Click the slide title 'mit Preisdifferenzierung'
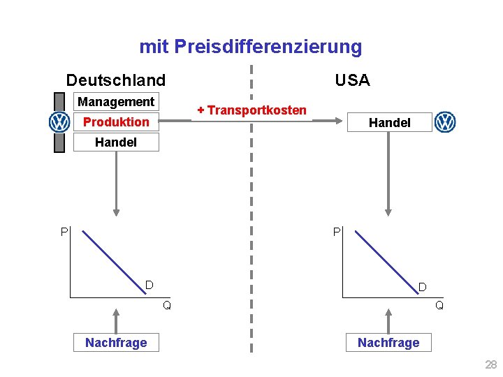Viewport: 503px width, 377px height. (x=251, y=47)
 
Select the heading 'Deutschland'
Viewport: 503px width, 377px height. (x=116, y=80)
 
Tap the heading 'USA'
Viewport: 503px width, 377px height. (x=352, y=80)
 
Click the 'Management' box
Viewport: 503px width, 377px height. (x=116, y=102)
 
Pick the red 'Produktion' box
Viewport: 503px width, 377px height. (x=116, y=122)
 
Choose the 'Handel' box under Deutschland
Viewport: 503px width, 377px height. (x=116, y=142)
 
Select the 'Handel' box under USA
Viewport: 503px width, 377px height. (x=389, y=122)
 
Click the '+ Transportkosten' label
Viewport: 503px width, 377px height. (x=251, y=110)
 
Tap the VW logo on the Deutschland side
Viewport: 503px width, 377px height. (x=59, y=122)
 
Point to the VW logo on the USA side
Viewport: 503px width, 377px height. (x=445, y=122)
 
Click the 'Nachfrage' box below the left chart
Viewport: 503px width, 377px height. (x=116, y=342)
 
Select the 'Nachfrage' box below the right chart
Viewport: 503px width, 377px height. (x=388, y=342)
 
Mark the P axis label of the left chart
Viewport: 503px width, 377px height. (x=64, y=231)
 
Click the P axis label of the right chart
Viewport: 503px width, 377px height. (x=337, y=231)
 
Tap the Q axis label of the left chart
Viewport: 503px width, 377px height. (x=166, y=304)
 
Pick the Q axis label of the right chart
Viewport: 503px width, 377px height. (x=439, y=304)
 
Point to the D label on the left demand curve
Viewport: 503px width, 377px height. (x=149, y=285)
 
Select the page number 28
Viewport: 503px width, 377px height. (x=490, y=364)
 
